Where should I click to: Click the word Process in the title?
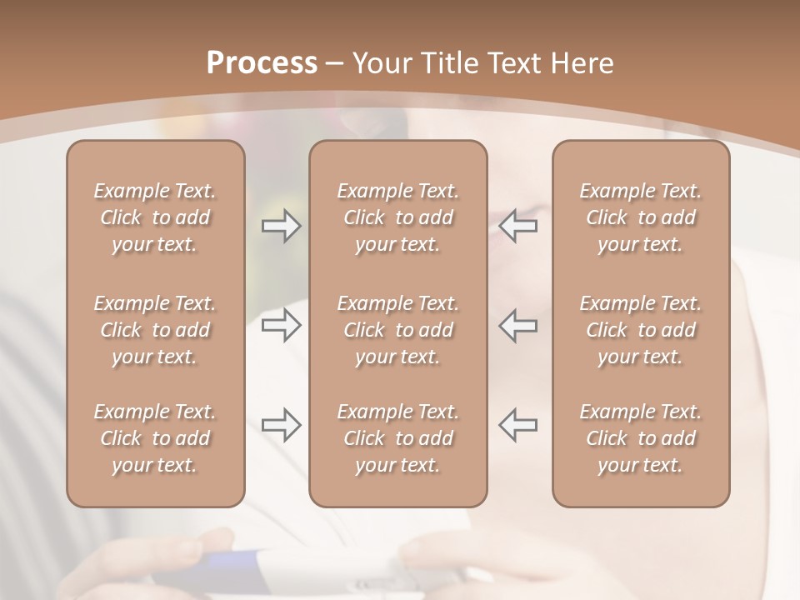262,63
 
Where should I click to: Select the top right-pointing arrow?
281,226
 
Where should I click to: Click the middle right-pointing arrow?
281,325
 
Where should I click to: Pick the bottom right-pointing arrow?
281,425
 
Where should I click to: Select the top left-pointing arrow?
517,226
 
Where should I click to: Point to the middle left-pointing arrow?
517,325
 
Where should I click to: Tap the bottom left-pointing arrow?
517,425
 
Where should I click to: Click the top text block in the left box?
155,217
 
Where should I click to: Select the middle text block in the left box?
155,330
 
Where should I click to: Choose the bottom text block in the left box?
155,438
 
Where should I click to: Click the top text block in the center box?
397,217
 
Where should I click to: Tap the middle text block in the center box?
397,330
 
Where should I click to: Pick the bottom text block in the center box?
397,438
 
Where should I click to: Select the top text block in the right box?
640,217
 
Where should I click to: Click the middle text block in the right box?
640,330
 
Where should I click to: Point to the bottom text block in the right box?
640,438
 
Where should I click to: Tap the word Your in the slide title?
380,63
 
